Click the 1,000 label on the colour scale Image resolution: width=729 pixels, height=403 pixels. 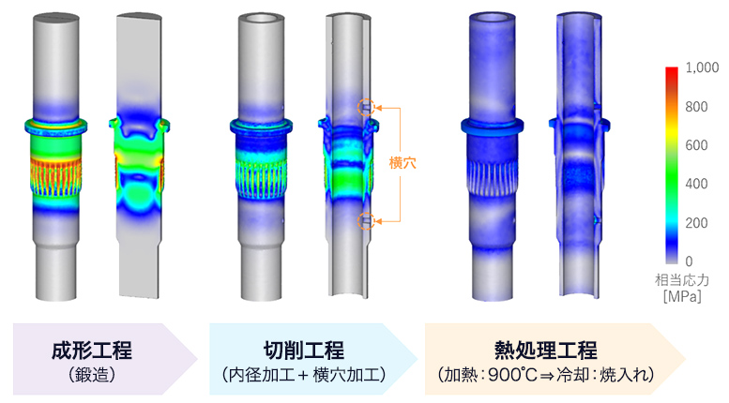[x=702, y=67]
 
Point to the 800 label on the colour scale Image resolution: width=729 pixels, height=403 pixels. [x=696, y=107]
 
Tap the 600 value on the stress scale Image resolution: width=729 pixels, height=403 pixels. [x=696, y=145]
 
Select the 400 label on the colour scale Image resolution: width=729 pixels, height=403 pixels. [x=696, y=184]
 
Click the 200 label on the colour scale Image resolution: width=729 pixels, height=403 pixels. [x=696, y=223]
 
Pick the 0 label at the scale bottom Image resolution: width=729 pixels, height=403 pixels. [x=689, y=261]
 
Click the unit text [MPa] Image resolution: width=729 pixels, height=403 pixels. [x=682, y=296]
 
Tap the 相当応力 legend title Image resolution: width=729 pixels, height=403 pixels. [x=682, y=280]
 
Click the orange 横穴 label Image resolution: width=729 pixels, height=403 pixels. [x=402, y=163]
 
